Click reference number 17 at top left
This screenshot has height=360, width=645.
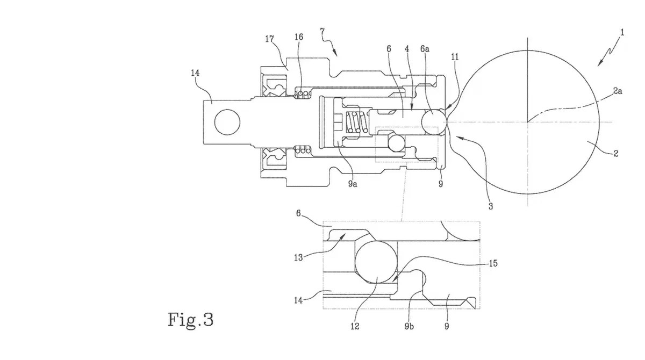pos(269,39)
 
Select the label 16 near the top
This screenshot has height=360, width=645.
pos(299,37)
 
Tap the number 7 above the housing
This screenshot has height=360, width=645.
pos(322,31)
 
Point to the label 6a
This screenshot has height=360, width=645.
pos(425,49)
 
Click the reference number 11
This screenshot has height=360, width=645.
pos(455,57)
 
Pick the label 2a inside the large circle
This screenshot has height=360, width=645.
pos(618,91)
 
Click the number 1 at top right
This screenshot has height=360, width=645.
pos(622,33)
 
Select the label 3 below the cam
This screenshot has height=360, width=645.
pos(491,206)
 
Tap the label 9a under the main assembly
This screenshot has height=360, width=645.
pos(353,184)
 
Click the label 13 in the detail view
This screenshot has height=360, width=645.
pos(298,257)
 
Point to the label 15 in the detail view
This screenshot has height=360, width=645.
pos(493,263)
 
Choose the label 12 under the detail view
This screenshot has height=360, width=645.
pos(355,326)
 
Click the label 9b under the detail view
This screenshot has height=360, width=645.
pos(409,326)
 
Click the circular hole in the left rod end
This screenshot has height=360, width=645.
pos(227,122)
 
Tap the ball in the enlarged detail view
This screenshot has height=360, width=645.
pos(376,262)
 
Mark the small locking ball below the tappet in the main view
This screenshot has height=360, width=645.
pos(397,143)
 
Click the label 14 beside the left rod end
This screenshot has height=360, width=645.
pos(195,73)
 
